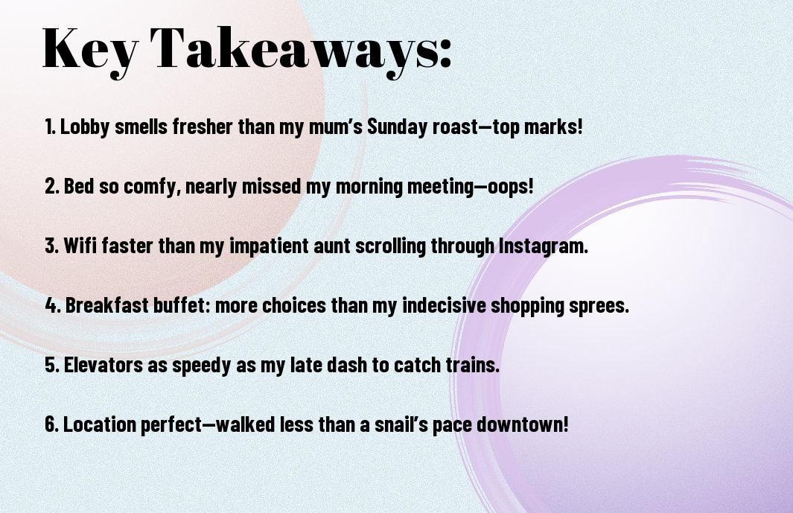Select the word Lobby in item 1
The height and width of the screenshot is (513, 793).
coord(84,127)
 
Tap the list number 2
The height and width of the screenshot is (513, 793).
coord(51,186)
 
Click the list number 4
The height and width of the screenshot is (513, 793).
coord(53,305)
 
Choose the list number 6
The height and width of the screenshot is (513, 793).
coord(51,424)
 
